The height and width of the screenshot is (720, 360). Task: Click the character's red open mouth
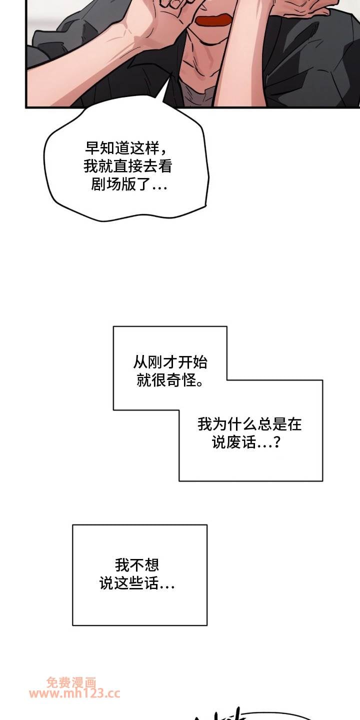(213, 20)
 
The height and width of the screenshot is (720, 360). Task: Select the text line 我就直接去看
(128, 166)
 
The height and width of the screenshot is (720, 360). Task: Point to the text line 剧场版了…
(129, 184)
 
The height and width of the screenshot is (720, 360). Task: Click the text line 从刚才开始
(170, 362)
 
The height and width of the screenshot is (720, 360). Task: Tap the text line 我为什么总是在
(250, 424)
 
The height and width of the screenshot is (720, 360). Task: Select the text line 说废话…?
(246, 442)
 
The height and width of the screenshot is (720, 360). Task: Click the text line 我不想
(137, 565)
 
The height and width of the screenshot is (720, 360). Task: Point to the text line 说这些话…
(137, 583)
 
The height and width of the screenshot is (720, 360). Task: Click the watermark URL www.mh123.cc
(74, 693)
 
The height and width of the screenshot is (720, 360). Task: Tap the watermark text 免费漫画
(71, 682)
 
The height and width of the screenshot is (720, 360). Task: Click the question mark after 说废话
(277, 442)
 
